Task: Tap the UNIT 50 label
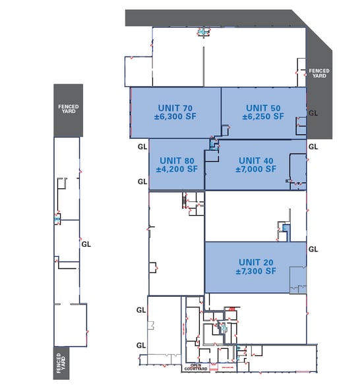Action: [x=263, y=107]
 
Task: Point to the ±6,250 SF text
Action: [x=263, y=116]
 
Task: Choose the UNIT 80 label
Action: [x=177, y=160]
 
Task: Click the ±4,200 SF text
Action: [x=177, y=169]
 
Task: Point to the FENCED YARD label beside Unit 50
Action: [x=319, y=73]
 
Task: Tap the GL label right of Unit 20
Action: [x=313, y=249]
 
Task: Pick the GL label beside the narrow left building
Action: [x=86, y=243]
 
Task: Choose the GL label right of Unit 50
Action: [x=313, y=113]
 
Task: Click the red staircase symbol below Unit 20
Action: [x=231, y=309]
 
